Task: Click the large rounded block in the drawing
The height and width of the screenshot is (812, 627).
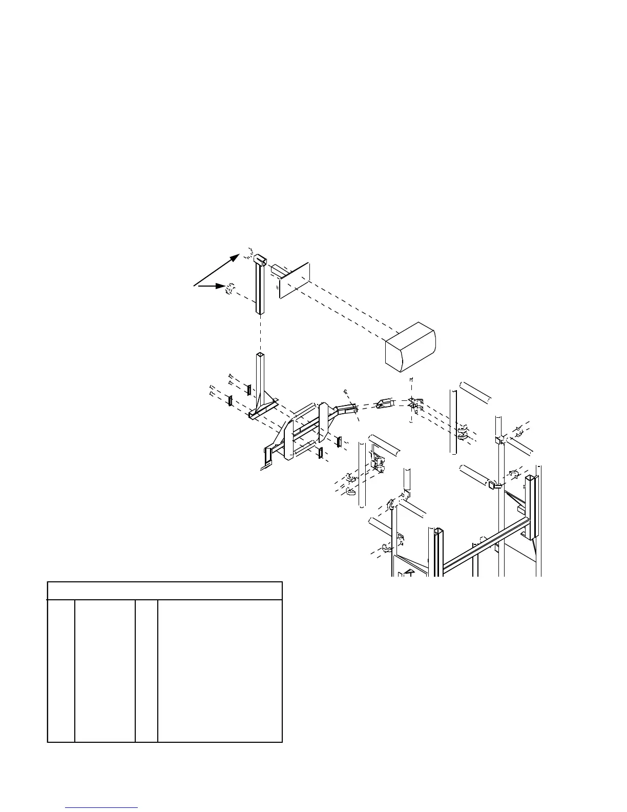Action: coord(410,346)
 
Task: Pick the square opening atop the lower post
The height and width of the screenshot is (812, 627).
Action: coord(260,355)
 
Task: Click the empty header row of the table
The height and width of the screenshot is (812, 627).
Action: coord(164,591)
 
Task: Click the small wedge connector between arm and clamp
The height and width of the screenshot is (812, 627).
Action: coord(384,404)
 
